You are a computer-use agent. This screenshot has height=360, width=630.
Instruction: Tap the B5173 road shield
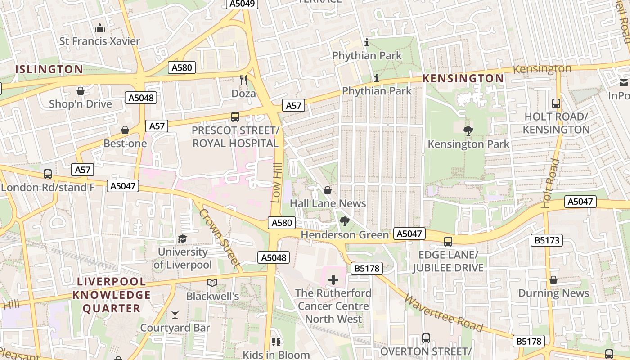point(547,240)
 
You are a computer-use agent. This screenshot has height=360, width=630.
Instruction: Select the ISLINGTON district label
point(49,69)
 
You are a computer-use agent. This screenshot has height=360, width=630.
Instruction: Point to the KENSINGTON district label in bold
point(463,78)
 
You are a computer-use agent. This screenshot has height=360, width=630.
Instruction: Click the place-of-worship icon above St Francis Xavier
point(100,28)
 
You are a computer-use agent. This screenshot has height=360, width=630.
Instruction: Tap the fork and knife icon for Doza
point(243,80)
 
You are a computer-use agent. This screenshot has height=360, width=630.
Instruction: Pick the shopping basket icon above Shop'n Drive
point(81,91)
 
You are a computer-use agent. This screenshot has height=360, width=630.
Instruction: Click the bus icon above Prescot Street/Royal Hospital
point(235,117)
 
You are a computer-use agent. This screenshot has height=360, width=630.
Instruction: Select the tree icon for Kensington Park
point(468,131)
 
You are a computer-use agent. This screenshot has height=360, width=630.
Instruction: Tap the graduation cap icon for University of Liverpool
point(182,238)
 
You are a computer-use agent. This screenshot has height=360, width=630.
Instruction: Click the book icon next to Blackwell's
point(212,283)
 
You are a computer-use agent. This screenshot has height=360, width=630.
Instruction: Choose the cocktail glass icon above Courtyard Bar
point(175,314)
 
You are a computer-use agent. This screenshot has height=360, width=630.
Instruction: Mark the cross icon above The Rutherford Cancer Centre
point(333,280)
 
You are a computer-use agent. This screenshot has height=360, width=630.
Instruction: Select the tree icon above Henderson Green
point(345,221)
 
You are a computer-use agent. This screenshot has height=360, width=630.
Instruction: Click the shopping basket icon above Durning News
point(553,280)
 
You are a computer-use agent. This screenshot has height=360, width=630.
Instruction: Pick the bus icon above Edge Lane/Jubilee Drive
point(448,241)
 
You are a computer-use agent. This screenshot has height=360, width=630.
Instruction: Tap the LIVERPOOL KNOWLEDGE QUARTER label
point(112,295)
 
